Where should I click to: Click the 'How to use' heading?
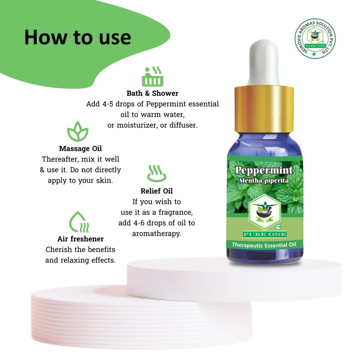click(77, 37)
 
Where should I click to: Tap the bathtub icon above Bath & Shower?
click(153, 76)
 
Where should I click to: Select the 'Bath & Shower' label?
click(153, 93)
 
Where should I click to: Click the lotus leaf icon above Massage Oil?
click(77, 131)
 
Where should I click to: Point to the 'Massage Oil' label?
click(81, 148)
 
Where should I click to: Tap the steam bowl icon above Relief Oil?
click(157, 173)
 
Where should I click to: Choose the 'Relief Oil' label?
click(157, 191)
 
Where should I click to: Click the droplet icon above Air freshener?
click(79, 222)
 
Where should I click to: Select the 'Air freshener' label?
click(81, 239)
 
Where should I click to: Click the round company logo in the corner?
click(315, 39)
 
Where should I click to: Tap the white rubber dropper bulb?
click(264, 63)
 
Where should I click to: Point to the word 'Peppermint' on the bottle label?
click(264, 170)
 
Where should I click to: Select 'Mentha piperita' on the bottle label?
click(264, 180)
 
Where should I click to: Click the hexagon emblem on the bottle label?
click(265, 211)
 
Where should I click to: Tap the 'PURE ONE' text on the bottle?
click(265, 234)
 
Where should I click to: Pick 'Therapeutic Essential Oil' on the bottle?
click(264, 245)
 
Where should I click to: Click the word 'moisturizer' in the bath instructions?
click(133, 126)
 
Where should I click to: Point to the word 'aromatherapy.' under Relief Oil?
click(157, 234)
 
